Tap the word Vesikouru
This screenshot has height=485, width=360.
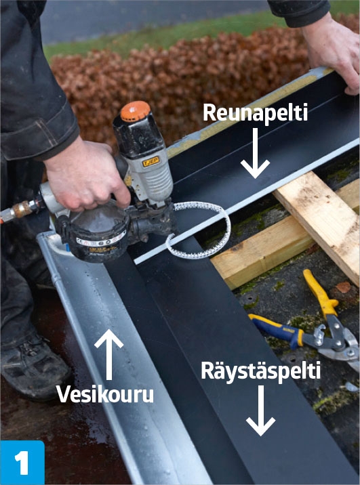(x=104, y=394)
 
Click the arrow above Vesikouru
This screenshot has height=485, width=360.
(x=108, y=353)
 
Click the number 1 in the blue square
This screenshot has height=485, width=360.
(x=22, y=463)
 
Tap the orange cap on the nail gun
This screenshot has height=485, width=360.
(x=135, y=110)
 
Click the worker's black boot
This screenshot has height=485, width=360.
(x=34, y=366)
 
